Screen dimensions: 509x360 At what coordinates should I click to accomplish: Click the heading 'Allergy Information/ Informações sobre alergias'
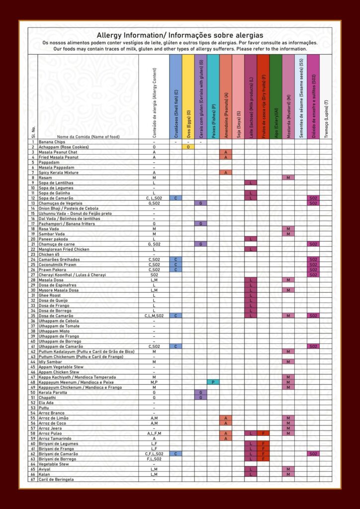tap(180, 35)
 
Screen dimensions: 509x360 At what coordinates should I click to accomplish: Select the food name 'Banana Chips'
tap(52, 142)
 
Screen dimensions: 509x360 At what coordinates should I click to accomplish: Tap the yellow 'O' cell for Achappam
tap(188, 147)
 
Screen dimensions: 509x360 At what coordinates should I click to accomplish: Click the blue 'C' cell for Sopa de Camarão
tap(176, 198)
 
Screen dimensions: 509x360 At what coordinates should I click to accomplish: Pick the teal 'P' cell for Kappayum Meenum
tap(213, 382)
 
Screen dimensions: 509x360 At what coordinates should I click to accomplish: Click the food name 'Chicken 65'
tap(50, 254)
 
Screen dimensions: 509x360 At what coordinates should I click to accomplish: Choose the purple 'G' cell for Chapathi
tap(200, 398)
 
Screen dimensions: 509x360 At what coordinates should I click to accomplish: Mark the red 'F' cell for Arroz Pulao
tap(263, 433)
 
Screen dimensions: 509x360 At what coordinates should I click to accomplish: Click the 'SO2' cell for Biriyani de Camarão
tap(313, 453)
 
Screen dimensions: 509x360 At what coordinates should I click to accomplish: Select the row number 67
tap(33, 479)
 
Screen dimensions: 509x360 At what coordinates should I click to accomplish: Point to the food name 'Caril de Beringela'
tap(57, 479)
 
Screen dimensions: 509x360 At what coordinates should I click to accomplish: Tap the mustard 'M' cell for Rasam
tap(288, 177)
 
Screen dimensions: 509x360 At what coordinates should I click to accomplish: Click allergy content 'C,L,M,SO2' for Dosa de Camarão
tap(154, 316)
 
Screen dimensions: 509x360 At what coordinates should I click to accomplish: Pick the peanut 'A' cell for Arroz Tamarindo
tap(225, 438)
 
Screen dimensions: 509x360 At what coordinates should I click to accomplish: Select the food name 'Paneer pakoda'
tap(54, 239)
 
